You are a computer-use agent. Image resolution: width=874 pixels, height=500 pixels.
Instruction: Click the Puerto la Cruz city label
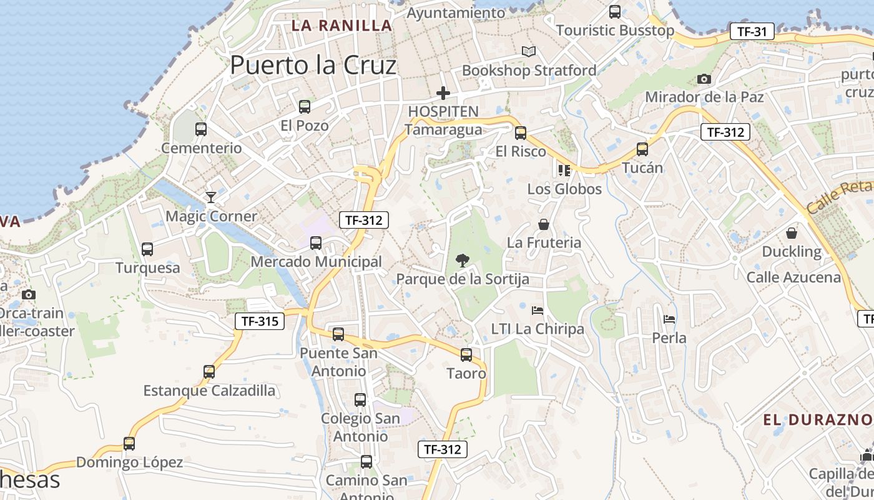(x=313, y=65)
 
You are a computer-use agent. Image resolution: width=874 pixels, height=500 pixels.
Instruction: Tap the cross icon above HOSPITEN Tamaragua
(x=443, y=94)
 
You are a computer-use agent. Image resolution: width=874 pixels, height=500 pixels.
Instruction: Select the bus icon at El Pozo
(x=305, y=107)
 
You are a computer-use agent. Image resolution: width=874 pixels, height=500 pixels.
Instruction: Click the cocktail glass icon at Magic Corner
(x=211, y=197)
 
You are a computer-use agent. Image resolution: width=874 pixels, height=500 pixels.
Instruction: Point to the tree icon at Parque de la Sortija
(x=463, y=260)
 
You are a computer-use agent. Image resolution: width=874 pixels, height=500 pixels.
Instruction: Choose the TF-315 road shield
(x=260, y=321)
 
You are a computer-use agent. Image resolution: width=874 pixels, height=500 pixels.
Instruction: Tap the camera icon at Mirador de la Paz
(x=704, y=79)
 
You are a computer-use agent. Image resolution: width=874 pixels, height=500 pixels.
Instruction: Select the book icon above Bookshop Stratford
(x=529, y=52)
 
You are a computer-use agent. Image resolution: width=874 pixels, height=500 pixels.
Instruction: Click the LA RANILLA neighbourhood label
(x=342, y=26)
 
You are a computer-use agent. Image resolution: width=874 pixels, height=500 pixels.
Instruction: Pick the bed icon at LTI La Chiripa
(x=538, y=310)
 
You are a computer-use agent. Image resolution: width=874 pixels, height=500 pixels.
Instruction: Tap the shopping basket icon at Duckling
(x=792, y=233)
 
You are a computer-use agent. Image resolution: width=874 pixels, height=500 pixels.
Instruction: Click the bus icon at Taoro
(x=466, y=355)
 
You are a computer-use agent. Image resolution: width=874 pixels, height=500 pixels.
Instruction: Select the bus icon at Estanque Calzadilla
(x=209, y=372)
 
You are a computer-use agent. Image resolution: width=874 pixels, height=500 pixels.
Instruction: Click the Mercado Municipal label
(x=316, y=262)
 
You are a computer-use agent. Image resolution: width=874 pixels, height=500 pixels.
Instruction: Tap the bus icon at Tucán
(x=642, y=149)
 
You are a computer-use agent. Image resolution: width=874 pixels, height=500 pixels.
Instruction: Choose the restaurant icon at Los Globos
(x=564, y=170)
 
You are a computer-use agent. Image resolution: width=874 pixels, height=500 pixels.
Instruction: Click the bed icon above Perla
(x=669, y=319)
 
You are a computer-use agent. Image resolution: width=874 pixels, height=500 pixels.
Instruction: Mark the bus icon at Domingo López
(x=129, y=444)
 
